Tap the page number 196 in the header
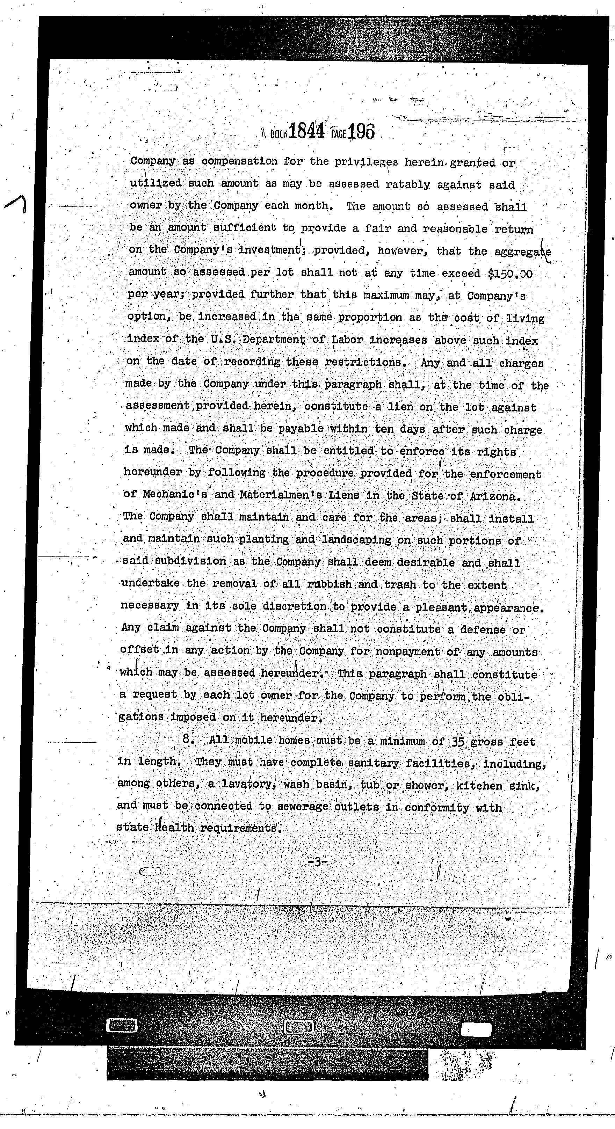pyautogui.click(x=362, y=131)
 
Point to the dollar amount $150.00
pyautogui.click(x=510, y=274)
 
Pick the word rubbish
pyautogui.click(x=330, y=584)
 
